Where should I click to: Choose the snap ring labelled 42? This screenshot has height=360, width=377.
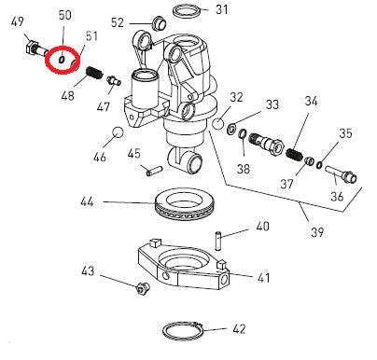(179, 329)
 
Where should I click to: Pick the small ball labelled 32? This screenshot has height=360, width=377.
(217, 123)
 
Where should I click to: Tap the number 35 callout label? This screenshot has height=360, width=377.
(345, 133)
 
